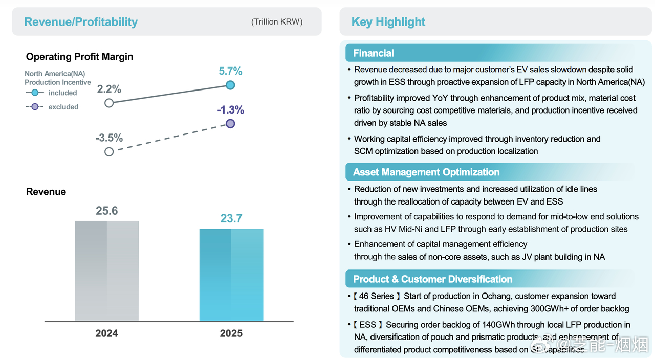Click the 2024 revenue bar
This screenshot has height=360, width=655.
(106, 271)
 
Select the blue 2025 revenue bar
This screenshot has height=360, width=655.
(231, 275)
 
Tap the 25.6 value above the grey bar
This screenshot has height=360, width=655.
(107, 211)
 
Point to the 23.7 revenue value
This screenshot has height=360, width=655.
(231, 219)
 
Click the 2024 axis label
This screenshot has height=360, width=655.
(106, 333)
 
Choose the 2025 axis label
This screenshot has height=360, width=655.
(231, 333)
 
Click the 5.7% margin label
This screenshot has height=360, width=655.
(230, 72)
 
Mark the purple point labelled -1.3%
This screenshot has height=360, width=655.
(230, 123)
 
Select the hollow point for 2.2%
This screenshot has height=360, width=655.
(109, 103)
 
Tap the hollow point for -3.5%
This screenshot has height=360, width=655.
(109, 151)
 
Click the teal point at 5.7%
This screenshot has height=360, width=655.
(230, 85)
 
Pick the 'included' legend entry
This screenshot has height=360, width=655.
(62, 93)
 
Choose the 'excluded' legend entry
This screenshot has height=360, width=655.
(63, 107)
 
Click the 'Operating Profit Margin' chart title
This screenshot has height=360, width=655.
(79, 57)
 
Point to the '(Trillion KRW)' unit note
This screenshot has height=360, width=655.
(277, 21)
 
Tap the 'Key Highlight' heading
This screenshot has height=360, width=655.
(388, 22)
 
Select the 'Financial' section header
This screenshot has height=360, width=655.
(374, 53)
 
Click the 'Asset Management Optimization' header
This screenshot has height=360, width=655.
(426, 172)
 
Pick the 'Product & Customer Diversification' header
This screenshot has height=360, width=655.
(432, 279)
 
